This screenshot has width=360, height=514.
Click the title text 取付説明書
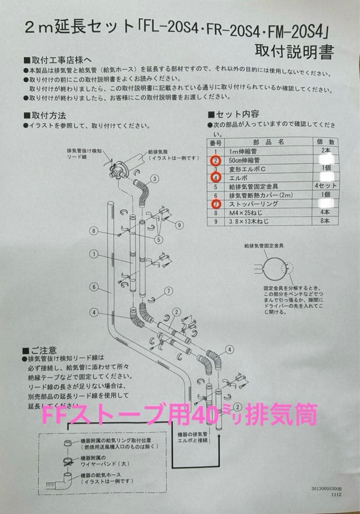pyautogui.click(x=293, y=51)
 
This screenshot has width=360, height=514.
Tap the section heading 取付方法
pyautogui.click(x=48, y=116)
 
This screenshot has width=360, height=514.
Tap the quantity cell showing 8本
pyautogui.click(x=325, y=221)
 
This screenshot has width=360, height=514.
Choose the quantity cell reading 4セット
pyautogui.click(x=325, y=186)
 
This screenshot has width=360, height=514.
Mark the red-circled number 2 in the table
pyautogui.click(x=216, y=160)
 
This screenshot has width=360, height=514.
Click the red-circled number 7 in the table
pyautogui.click(x=216, y=204)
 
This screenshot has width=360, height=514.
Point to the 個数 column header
pyautogui.click(x=325, y=142)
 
